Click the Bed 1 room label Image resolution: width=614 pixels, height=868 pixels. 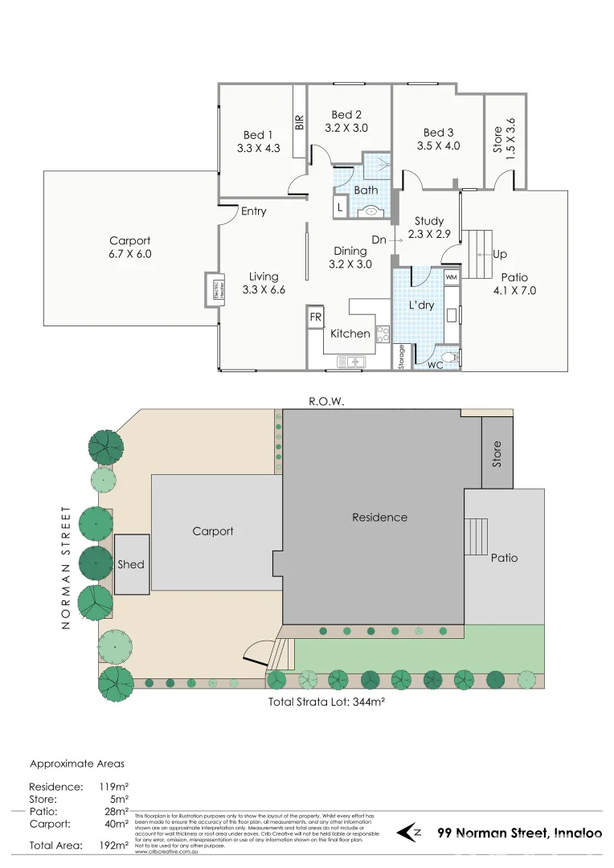(x=258, y=135)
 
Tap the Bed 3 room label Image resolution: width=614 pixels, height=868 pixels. (x=438, y=133)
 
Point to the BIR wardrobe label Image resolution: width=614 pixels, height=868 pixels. (x=300, y=123)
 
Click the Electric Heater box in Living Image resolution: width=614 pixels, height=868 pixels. (x=216, y=290)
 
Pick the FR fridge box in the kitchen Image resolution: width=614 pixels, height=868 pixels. (x=316, y=317)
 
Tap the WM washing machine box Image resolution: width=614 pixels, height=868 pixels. (x=451, y=277)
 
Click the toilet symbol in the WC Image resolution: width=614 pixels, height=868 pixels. (x=452, y=357)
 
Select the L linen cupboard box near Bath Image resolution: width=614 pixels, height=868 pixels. (x=341, y=207)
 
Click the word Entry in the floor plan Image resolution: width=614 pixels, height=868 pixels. (x=253, y=211)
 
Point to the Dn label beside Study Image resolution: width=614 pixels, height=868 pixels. (x=379, y=240)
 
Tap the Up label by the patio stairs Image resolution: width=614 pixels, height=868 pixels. (x=500, y=255)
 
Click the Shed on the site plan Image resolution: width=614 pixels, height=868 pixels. (x=131, y=564)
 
